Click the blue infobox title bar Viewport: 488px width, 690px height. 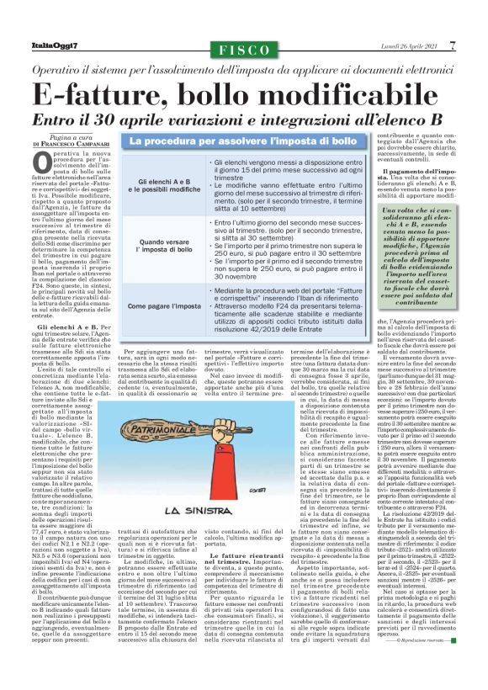coord(243,142)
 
